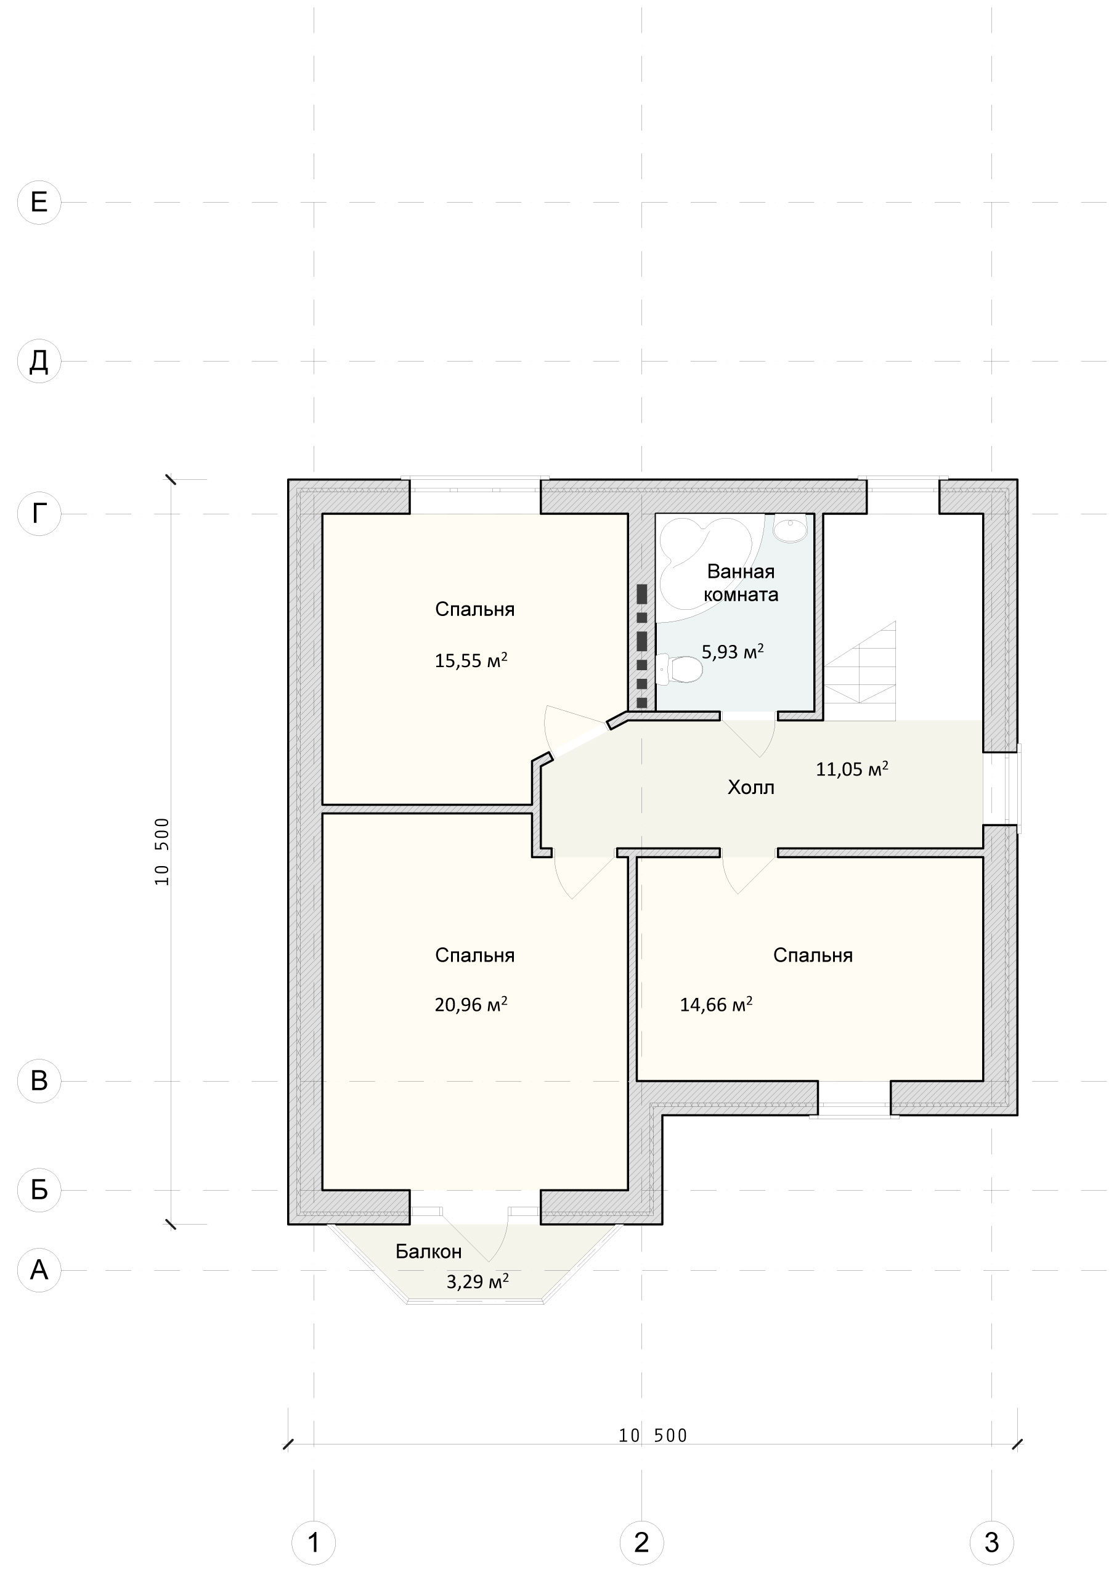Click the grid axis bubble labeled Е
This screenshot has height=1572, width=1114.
(x=39, y=202)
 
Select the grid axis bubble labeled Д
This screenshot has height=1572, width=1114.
(x=39, y=361)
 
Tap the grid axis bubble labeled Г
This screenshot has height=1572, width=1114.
(x=39, y=513)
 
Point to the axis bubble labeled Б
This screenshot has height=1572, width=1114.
(x=39, y=1189)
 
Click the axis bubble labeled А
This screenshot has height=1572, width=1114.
(x=39, y=1270)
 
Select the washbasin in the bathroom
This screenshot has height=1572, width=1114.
(x=791, y=529)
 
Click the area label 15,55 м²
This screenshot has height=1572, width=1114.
(x=471, y=660)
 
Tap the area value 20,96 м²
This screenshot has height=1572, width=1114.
(x=471, y=1005)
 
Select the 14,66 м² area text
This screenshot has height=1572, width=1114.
(x=716, y=1005)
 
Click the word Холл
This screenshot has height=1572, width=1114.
(x=751, y=787)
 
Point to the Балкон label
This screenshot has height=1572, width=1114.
(x=429, y=1252)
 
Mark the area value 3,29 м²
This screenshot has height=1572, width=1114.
(x=478, y=1281)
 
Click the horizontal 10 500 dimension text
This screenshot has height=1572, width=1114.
(x=653, y=1435)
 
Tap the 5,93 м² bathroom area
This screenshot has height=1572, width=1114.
(x=733, y=651)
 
